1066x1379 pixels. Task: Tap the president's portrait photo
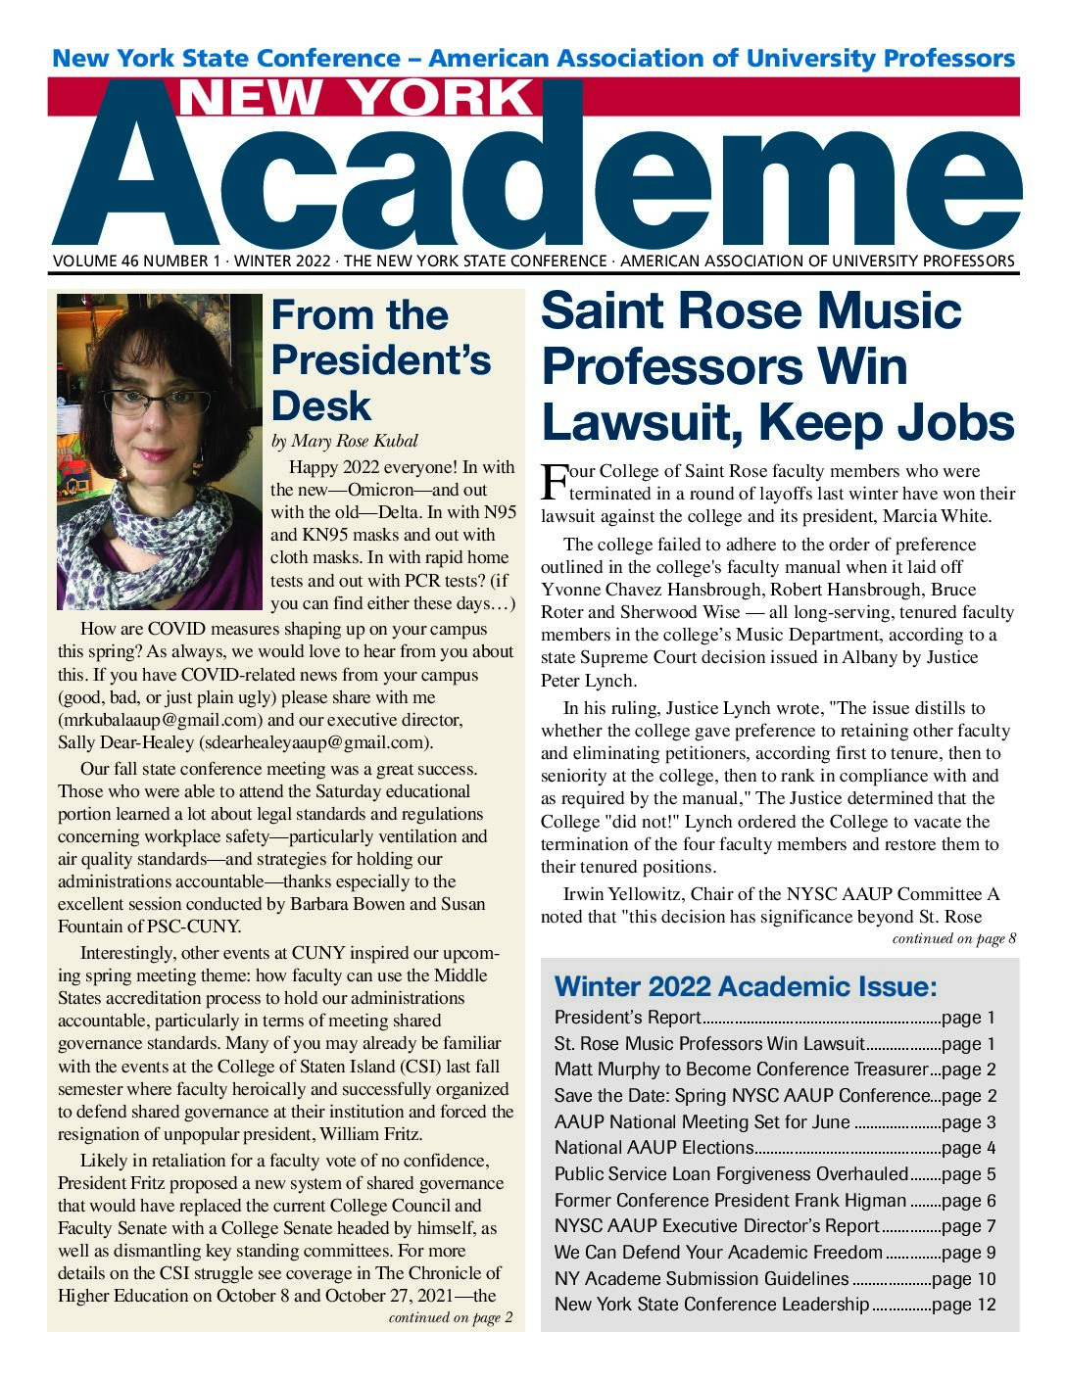[x=160, y=452]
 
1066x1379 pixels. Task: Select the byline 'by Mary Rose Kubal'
[x=344, y=441]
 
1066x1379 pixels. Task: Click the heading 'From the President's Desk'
[x=380, y=360]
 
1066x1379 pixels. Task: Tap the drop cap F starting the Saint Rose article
[x=554, y=481]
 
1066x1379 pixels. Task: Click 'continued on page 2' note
[x=450, y=1317]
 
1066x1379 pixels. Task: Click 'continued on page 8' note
[x=953, y=938]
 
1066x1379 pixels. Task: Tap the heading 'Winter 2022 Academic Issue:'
[x=746, y=985]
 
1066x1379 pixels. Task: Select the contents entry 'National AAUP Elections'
[x=654, y=1148]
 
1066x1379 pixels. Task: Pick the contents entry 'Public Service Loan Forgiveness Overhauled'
[x=731, y=1173]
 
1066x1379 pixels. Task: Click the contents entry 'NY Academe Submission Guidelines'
[x=701, y=1278]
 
